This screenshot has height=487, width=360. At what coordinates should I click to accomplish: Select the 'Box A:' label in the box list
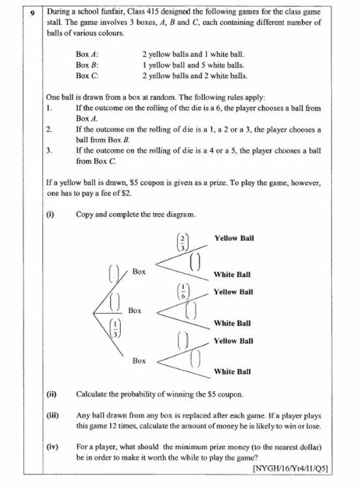click(x=87, y=56)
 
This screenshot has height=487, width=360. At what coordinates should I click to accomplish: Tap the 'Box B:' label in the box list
click(x=87, y=66)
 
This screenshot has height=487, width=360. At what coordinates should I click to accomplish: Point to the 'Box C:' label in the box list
click(x=87, y=76)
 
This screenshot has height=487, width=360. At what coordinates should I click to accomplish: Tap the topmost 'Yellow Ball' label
click(x=233, y=238)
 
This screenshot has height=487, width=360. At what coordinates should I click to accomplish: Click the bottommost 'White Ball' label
click(x=232, y=372)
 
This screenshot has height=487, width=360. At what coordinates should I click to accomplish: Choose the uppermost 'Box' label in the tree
click(x=139, y=271)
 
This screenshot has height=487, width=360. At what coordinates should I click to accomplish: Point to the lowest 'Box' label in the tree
click(x=139, y=361)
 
